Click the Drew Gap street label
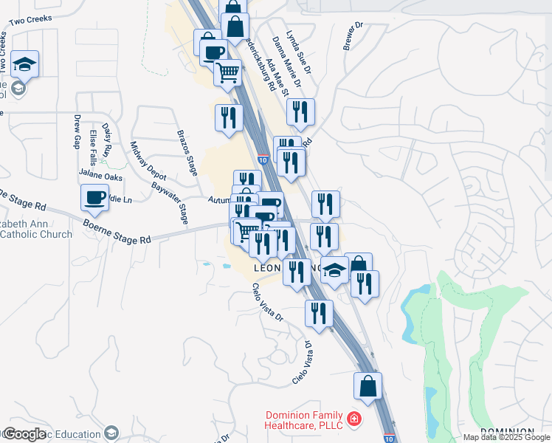[77, 131]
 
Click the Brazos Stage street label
[187, 153]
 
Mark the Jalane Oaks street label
[101, 177]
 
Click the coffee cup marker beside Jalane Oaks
[94, 198]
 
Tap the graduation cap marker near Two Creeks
[25, 64]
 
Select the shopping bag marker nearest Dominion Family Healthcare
[368, 386]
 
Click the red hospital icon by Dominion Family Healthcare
[354, 419]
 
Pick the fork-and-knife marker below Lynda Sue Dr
[300, 112]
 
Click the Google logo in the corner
[24, 434]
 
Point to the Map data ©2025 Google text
[506, 437]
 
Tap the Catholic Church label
[37, 235]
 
